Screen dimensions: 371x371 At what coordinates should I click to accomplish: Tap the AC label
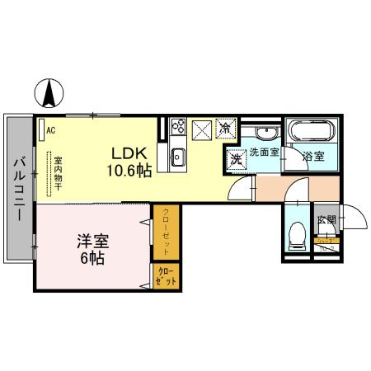[50, 130]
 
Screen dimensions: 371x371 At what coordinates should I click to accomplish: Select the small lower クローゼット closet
[165, 275]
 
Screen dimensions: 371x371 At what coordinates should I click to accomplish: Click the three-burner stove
[176, 127]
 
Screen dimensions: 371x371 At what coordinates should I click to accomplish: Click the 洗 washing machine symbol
[236, 157]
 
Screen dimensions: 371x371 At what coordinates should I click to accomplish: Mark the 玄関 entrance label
[326, 220]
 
